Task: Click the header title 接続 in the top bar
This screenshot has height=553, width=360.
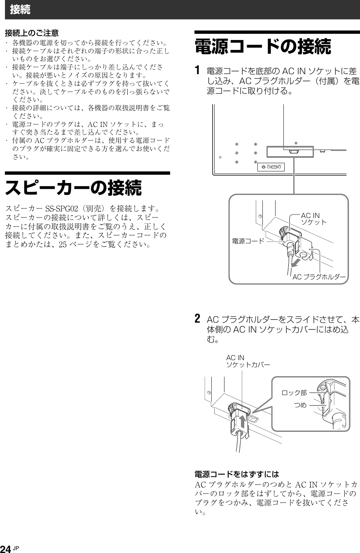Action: click(20, 10)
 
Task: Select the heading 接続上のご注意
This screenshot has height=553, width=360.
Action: click(32, 32)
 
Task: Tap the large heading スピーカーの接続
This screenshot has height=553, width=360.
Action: click(73, 188)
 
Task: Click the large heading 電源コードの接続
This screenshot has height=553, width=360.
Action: click(263, 47)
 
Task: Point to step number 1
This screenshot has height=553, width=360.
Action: click(198, 70)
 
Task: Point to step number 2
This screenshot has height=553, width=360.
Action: click(198, 319)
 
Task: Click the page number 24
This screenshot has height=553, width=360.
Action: click(6, 548)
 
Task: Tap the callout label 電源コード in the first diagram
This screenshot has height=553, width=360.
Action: click(248, 241)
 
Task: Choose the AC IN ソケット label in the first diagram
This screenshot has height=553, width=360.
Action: click(314, 219)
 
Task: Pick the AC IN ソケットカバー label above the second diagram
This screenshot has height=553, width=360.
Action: click(248, 361)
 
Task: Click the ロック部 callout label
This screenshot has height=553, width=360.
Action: click(294, 393)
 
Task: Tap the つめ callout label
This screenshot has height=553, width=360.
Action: click(300, 405)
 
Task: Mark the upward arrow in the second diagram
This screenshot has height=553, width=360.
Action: click(243, 422)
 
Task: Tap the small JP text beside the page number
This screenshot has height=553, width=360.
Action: click(16, 547)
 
